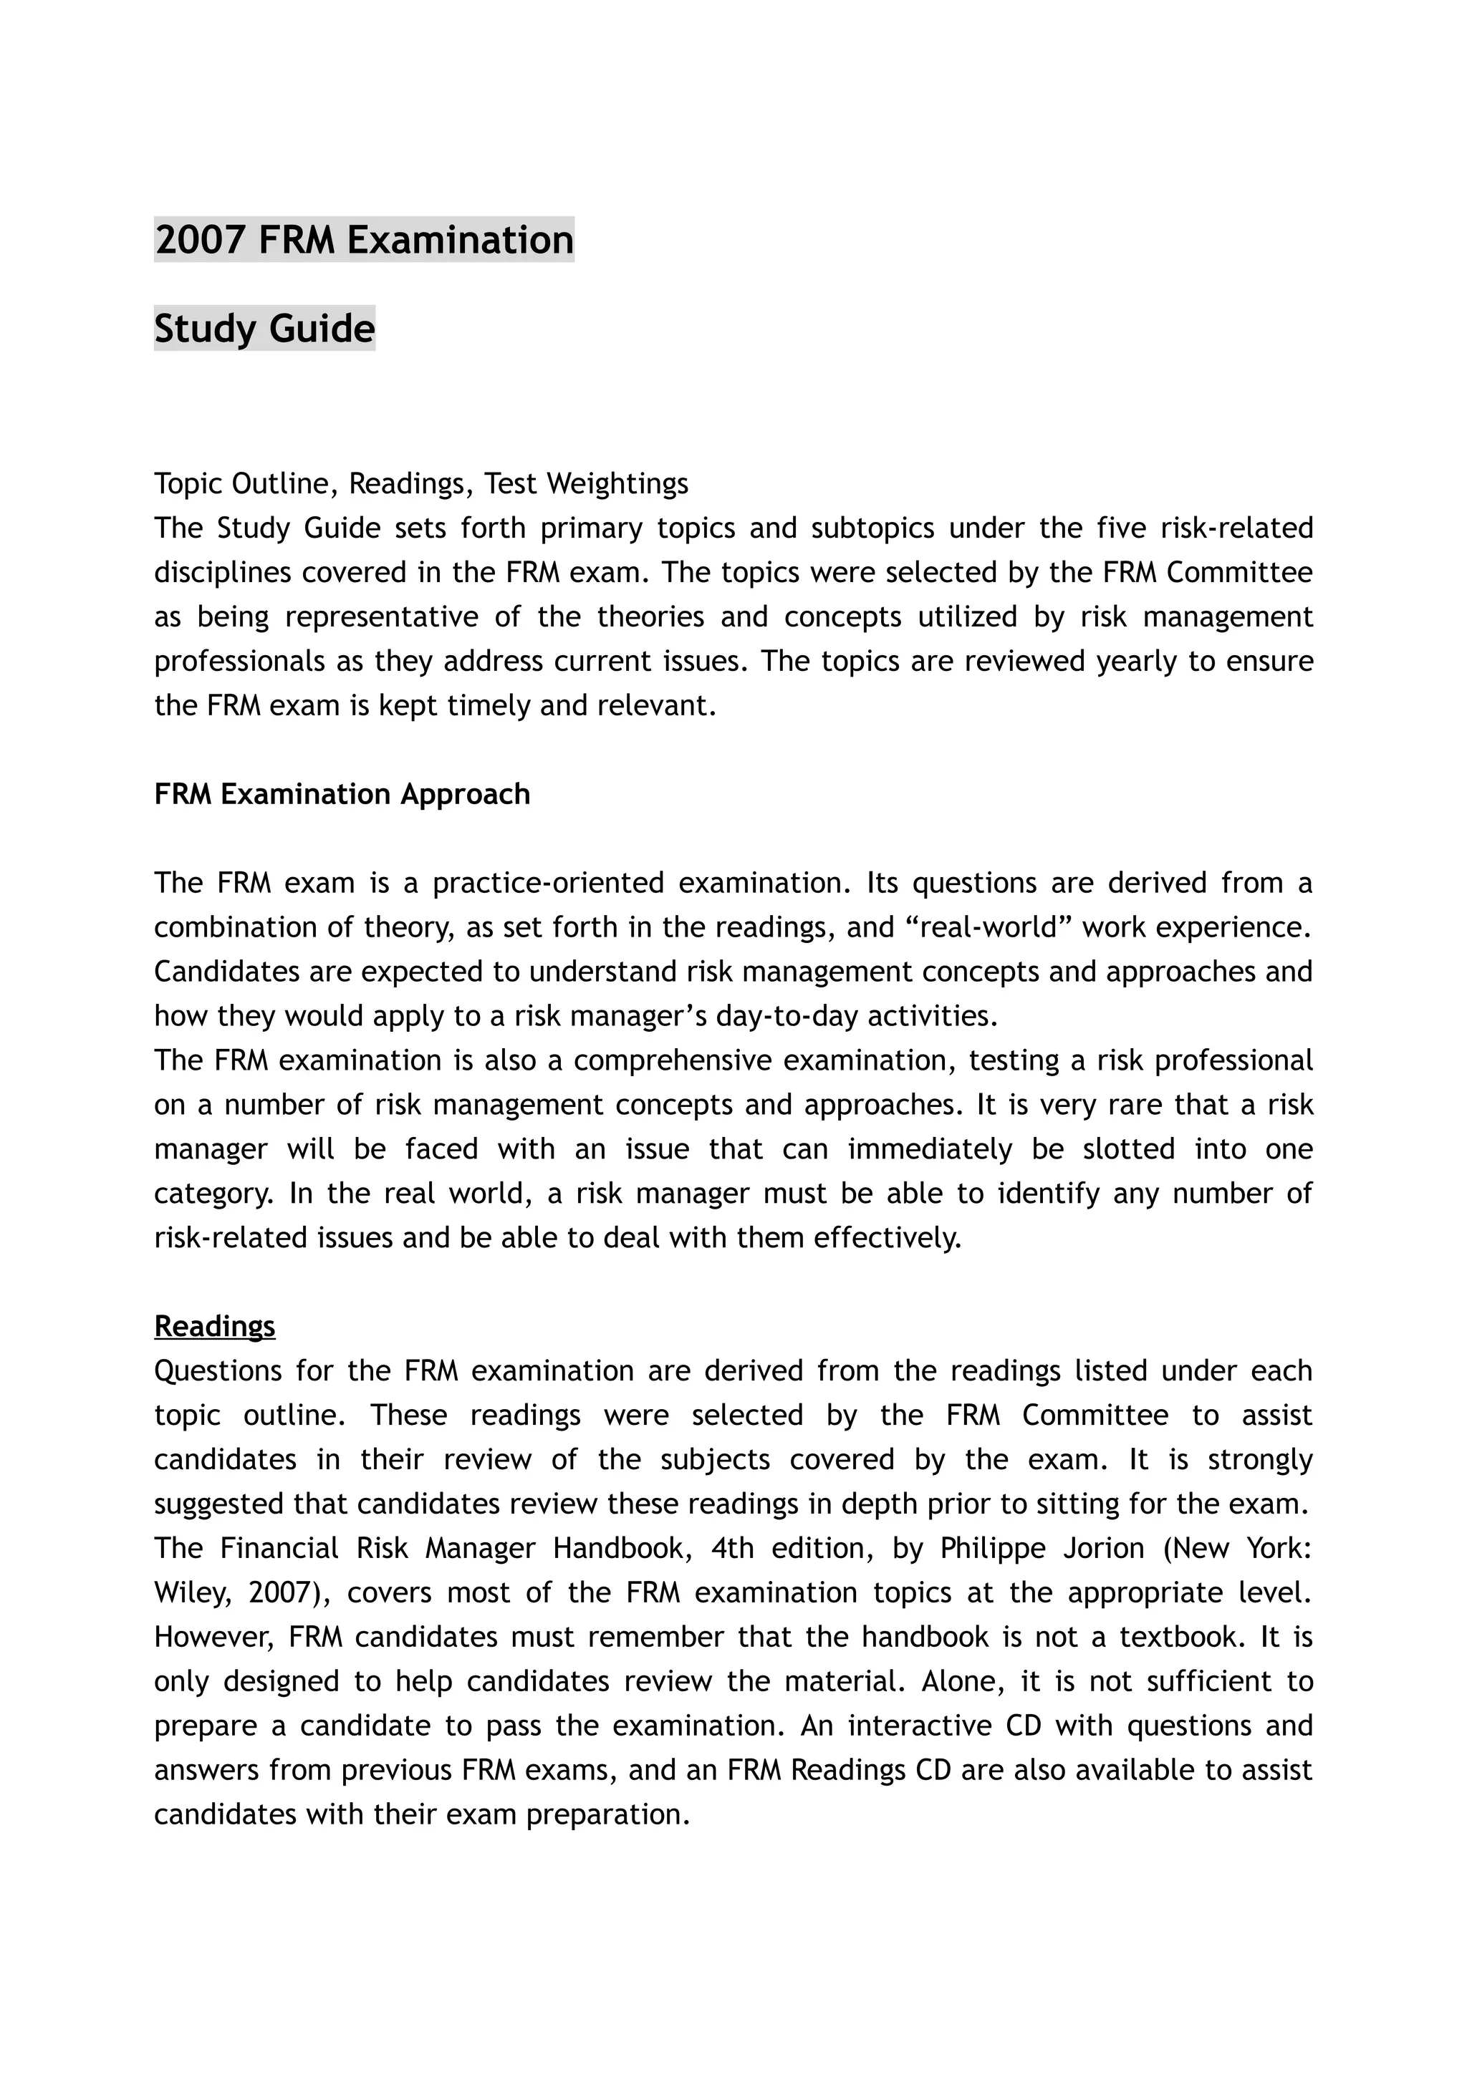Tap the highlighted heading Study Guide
264,328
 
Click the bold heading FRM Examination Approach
342,794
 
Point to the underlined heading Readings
214,1326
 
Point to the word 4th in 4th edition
732,1548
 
